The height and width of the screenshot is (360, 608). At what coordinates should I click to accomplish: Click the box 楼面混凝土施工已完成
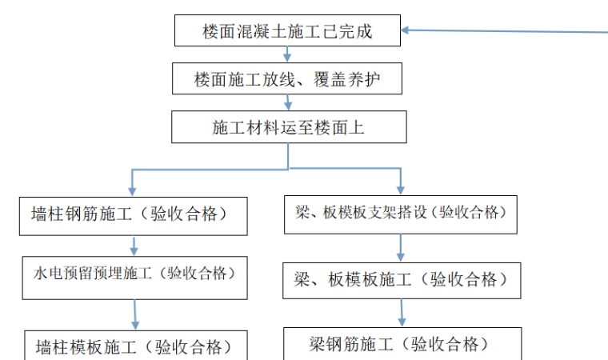click(x=288, y=31)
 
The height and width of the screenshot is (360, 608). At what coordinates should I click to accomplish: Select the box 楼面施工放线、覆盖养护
click(x=287, y=79)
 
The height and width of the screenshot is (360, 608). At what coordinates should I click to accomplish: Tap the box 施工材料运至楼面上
click(x=288, y=126)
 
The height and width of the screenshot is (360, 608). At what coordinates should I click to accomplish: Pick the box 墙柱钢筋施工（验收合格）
click(x=134, y=214)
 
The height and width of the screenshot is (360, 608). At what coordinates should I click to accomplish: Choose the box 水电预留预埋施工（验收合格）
click(x=134, y=274)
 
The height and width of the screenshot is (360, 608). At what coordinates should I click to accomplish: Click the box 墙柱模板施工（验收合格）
click(x=134, y=346)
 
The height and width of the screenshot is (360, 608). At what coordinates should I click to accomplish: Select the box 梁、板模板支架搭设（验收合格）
click(x=401, y=214)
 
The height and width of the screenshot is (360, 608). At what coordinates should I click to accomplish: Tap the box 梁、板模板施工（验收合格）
click(x=401, y=279)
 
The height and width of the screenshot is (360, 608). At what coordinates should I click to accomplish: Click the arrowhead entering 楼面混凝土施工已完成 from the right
click(x=407, y=31)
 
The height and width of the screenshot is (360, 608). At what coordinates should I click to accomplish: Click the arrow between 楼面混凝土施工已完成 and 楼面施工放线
click(x=287, y=55)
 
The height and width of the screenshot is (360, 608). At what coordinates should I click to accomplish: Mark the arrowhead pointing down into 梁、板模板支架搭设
click(x=400, y=189)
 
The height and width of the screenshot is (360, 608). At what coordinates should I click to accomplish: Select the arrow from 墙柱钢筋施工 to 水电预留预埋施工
click(x=134, y=245)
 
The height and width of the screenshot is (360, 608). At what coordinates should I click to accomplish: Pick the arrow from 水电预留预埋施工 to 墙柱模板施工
click(x=135, y=314)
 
